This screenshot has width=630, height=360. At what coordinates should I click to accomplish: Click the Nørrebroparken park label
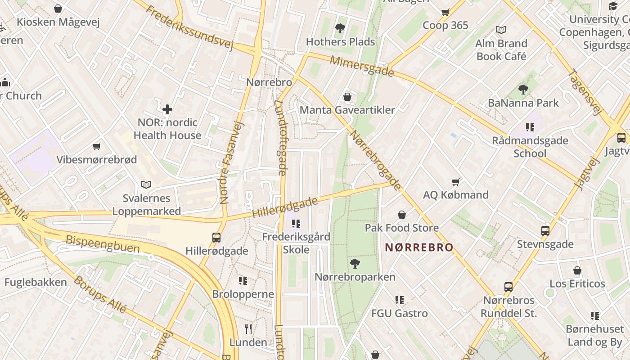(355, 277)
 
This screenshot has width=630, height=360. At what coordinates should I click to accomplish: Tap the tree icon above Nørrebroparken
(355, 264)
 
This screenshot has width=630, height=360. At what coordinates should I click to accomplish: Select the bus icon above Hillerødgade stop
(216, 237)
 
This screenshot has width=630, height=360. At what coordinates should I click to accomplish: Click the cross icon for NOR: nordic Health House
(167, 109)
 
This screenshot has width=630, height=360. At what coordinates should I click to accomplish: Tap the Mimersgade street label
(362, 66)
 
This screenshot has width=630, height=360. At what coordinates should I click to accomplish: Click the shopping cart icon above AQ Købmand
(456, 182)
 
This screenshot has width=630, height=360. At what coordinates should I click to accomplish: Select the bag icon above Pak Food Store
(401, 215)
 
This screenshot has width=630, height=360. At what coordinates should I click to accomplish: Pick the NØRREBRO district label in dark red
(419, 247)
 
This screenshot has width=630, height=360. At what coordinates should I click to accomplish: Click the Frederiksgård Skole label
(296, 243)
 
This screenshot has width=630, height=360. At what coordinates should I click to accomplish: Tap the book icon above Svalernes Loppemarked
(146, 184)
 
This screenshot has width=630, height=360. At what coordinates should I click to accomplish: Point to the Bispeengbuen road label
(103, 244)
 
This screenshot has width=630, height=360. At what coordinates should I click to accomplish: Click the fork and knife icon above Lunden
(248, 328)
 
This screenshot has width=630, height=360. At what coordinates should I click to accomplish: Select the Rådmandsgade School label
(530, 147)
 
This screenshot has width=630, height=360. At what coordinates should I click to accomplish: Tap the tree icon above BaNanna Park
(523, 90)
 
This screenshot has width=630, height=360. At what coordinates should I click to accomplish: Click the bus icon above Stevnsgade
(545, 231)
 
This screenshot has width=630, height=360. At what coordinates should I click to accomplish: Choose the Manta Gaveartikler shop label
(347, 110)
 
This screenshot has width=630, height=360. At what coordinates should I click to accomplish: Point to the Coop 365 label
(445, 25)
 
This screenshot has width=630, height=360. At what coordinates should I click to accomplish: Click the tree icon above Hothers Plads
(340, 28)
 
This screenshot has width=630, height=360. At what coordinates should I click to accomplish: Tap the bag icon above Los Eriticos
(577, 270)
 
